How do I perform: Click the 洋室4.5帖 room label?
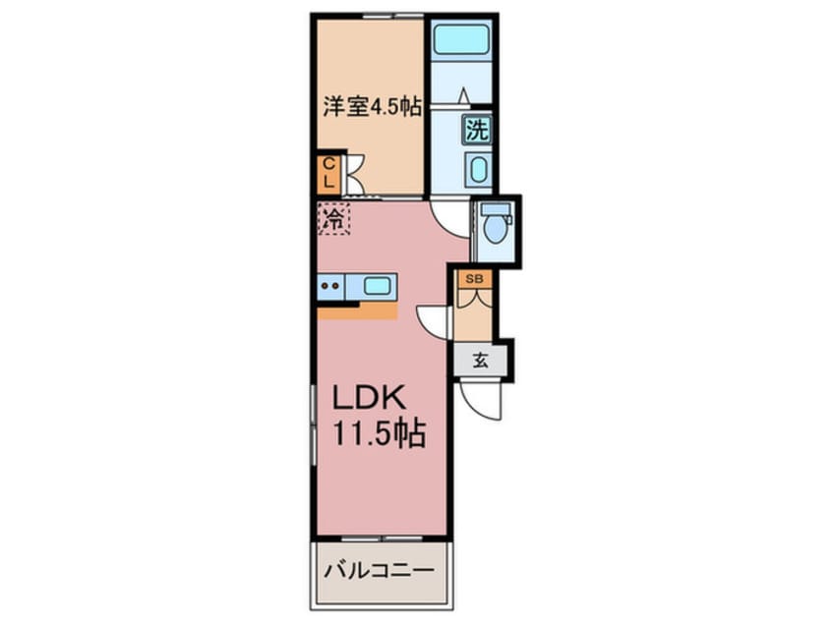(373, 107)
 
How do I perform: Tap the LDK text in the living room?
(370, 397)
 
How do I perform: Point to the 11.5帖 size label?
(379, 433)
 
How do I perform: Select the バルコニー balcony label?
(379, 571)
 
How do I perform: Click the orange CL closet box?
(329, 174)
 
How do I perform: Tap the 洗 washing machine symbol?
(477, 130)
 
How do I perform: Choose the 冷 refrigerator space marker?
(333, 218)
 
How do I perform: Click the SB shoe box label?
(474, 279)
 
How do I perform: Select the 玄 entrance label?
(480, 361)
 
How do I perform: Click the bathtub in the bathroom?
(460, 37)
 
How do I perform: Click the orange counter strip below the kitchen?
(358, 311)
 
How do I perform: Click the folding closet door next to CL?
(354, 174)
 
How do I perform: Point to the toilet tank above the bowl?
(495, 209)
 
